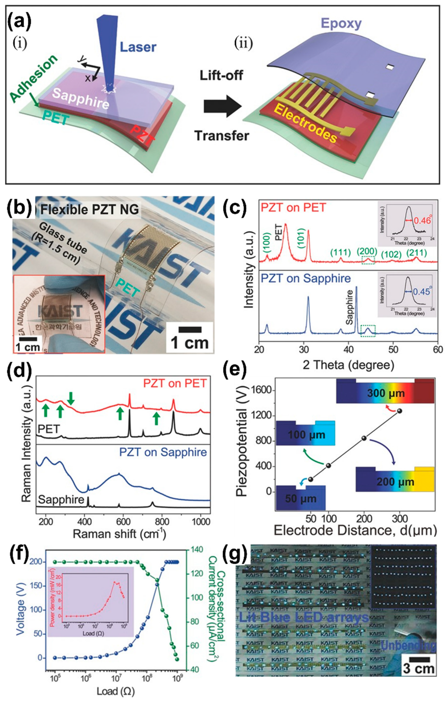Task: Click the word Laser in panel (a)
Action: [138, 47]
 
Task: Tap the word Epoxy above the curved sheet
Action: [341, 23]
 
